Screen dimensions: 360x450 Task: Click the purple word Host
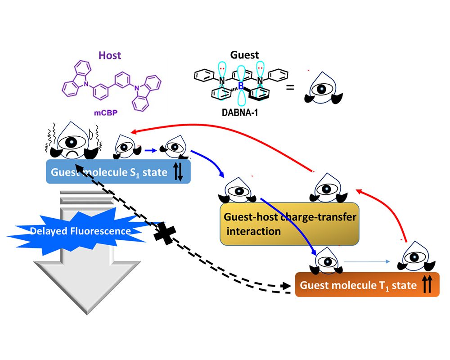click(x=109, y=56)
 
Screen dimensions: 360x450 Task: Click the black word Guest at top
click(x=245, y=55)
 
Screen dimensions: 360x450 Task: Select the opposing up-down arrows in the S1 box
click(x=178, y=171)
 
